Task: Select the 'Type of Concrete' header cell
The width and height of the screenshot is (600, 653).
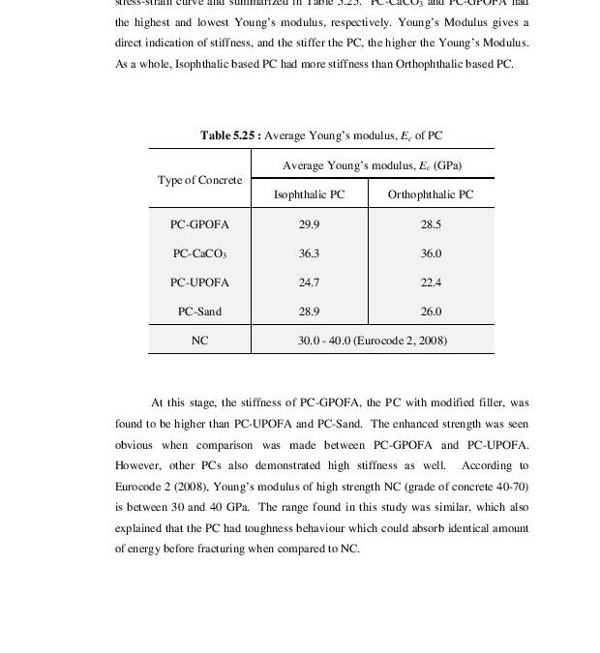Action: click(x=199, y=180)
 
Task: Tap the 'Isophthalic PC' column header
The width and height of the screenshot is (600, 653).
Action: click(x=309, y=194)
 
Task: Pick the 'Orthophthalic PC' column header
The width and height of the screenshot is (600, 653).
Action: click(x=431, y=194)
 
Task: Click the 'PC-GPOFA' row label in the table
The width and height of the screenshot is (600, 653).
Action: click(x=199, y=224)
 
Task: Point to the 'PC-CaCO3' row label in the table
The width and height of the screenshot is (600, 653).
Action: click(x=199, y=253)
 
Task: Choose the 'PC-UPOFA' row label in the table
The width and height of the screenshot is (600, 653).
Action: click(x=199, y=282)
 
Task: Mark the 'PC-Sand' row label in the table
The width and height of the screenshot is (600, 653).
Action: click(x=199, y=312)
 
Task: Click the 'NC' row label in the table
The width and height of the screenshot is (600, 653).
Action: click(x=199, y=341)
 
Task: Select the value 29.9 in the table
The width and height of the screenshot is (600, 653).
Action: click(x=309, y=224)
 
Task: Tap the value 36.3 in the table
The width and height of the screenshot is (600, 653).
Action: click(x=309, y=253)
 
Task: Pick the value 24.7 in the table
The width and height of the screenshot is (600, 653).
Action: click(x=309, y=282)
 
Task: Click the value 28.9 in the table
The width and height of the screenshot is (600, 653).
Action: click(x=309, y=312)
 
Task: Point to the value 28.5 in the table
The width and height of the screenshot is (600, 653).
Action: click(x=431, y=224)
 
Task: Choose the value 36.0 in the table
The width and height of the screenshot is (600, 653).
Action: click(x=431, y=253)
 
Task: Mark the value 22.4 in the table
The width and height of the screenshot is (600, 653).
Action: click(x=431, y=282)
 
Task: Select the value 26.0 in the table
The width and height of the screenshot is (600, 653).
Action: click(x=431, y=312)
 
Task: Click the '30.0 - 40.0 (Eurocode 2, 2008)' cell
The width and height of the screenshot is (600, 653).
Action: click(x=372, y=341)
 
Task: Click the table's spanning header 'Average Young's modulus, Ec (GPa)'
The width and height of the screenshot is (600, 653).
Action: click(x=372, y=165)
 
